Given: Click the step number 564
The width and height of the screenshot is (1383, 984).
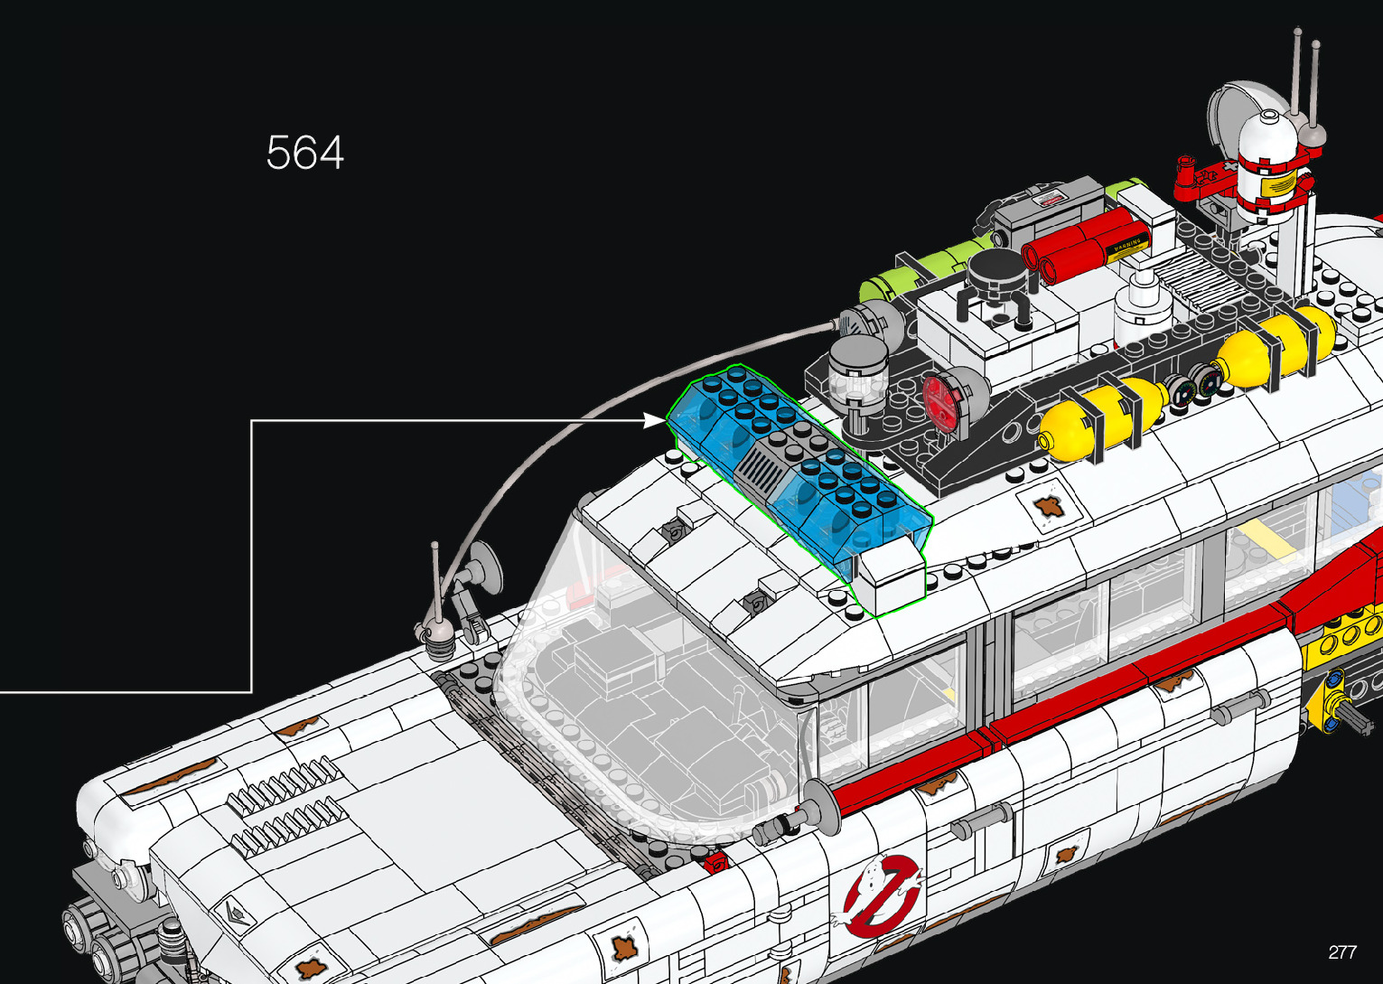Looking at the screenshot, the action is pyautogui.click(x=305, y=153).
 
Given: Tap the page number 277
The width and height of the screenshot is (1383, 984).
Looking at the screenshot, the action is pyautogui.click(x=1341, y=951).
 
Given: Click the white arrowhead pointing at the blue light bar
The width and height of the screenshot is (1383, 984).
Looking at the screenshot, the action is pyautogui.click(x=656, y=420).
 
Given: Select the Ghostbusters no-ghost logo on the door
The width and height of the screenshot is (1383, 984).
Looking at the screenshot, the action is pyautogui.click(x=883, y=894).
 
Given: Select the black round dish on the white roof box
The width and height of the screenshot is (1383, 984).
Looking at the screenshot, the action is pyautogui.click(x=994, y=271).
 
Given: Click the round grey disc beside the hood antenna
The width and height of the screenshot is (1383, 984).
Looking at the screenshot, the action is pyautogui.click(x=484, y=566).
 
